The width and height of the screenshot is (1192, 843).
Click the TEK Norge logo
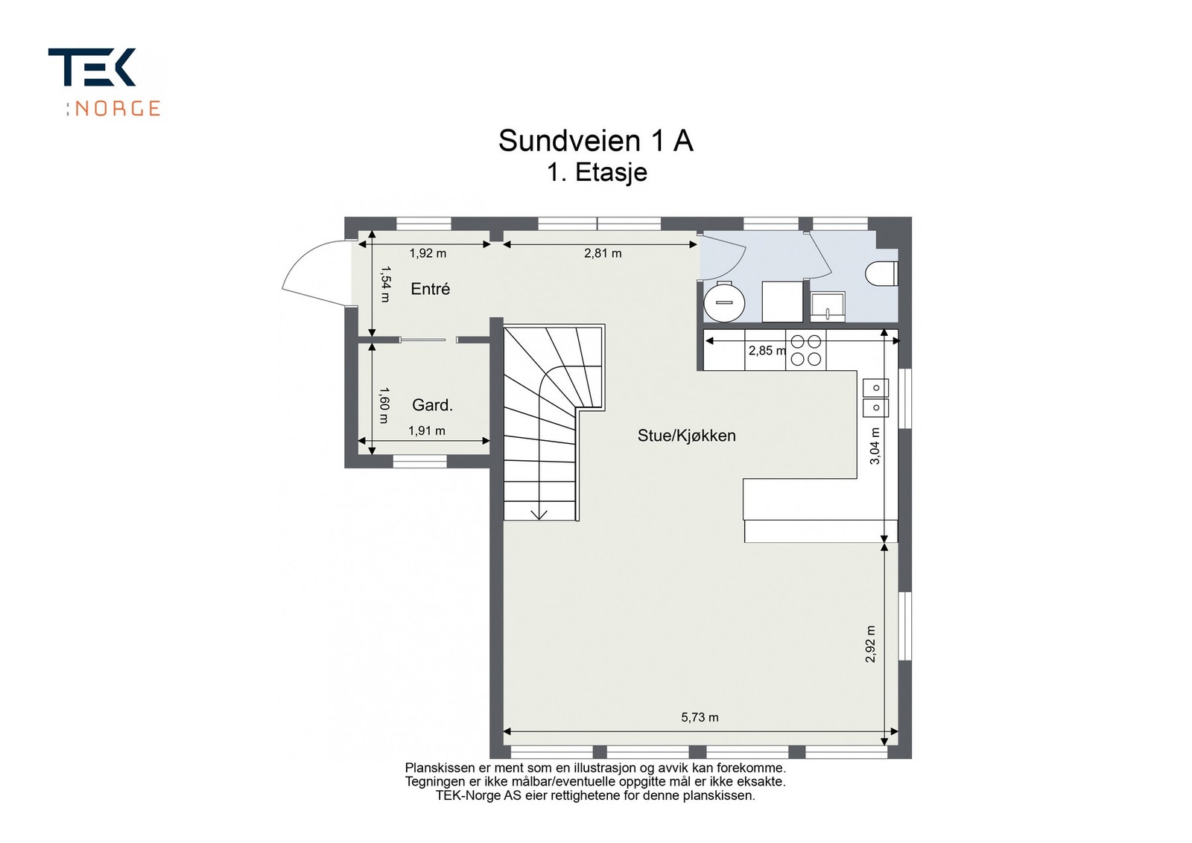tap(104, 82)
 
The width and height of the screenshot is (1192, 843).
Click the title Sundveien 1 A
tap(595, 141)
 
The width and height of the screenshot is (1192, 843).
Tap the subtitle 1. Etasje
tap(597, 172)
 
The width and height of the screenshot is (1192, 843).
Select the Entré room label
tap(430, 289)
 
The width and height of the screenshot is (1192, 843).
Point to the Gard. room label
tap(432, 405)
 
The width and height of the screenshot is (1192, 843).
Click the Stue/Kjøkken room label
tap(686, 436)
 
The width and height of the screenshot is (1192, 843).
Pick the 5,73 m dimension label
tap(700, 717)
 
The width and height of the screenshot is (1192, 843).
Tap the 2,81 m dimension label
tap(603, 253)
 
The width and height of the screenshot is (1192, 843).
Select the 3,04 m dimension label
tap(875, 446)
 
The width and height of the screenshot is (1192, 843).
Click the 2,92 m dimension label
tap(870, 643)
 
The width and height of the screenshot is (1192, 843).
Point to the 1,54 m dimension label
tap(385, 284)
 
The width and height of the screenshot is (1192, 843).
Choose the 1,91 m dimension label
tap(427, 430)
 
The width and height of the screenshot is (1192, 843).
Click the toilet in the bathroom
tap(882, 275)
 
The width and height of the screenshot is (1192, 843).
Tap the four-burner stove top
tap(805, 350)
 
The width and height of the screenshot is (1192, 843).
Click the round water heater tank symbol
tap(723, 302)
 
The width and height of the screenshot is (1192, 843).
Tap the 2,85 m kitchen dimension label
tap(767, 351)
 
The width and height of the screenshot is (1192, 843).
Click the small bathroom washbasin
tap(828, 307)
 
